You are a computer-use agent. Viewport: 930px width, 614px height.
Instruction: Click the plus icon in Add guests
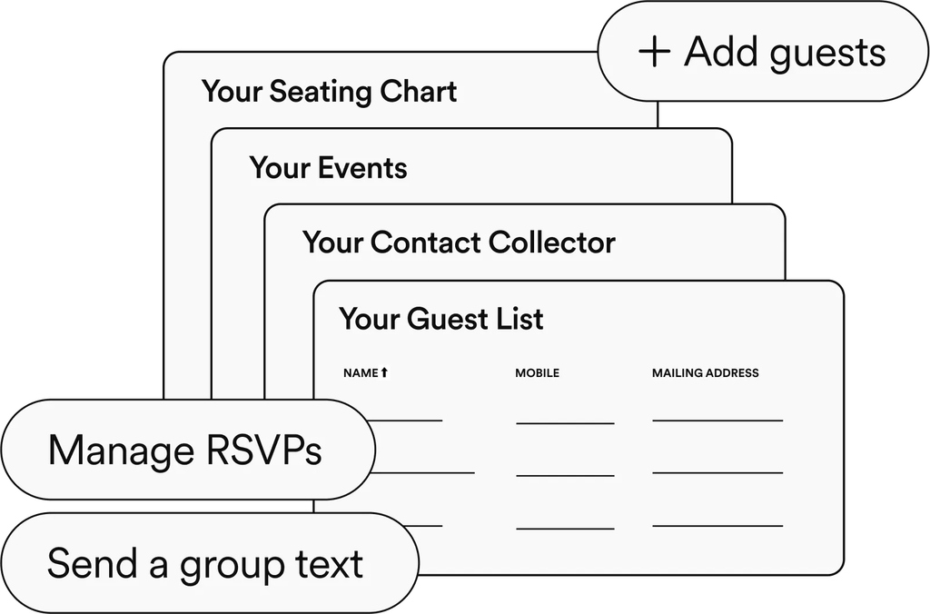[x=654, y=52]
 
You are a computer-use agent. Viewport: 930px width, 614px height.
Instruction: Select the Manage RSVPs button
[x=186, y=451]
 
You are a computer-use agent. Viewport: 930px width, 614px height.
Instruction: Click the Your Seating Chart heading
[x=329, y=92]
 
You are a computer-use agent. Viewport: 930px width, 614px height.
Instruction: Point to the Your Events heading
[x=328, y=168]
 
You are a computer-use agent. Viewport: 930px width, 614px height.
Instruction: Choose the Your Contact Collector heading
[x=459, y=243]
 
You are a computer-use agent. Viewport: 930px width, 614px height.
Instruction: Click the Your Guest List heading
[x=441, y=319]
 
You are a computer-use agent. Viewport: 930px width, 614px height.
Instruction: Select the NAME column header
[x=361, y=373]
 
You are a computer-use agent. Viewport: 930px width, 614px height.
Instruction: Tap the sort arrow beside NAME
[x=384, y=372]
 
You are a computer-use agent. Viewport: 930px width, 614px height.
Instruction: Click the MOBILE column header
[x=537, y=373]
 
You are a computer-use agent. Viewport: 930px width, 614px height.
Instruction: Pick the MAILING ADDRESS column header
[x=705, y=373]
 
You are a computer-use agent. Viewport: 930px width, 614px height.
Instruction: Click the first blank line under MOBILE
[x=565, y=423]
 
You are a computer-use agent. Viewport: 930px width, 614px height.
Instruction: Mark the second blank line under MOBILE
[x=565, y=475]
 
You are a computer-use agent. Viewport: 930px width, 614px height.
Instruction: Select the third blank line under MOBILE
[x=565, y=528]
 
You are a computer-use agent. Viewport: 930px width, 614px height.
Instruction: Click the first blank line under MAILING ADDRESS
[x=717, y=421]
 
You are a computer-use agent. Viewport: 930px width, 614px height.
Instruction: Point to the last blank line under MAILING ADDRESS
[x=717, y=526]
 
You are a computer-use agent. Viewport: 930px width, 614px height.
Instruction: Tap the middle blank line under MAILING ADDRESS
[x=717, y=473]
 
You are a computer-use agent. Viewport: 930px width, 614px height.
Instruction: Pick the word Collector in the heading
[x=551, y=243]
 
